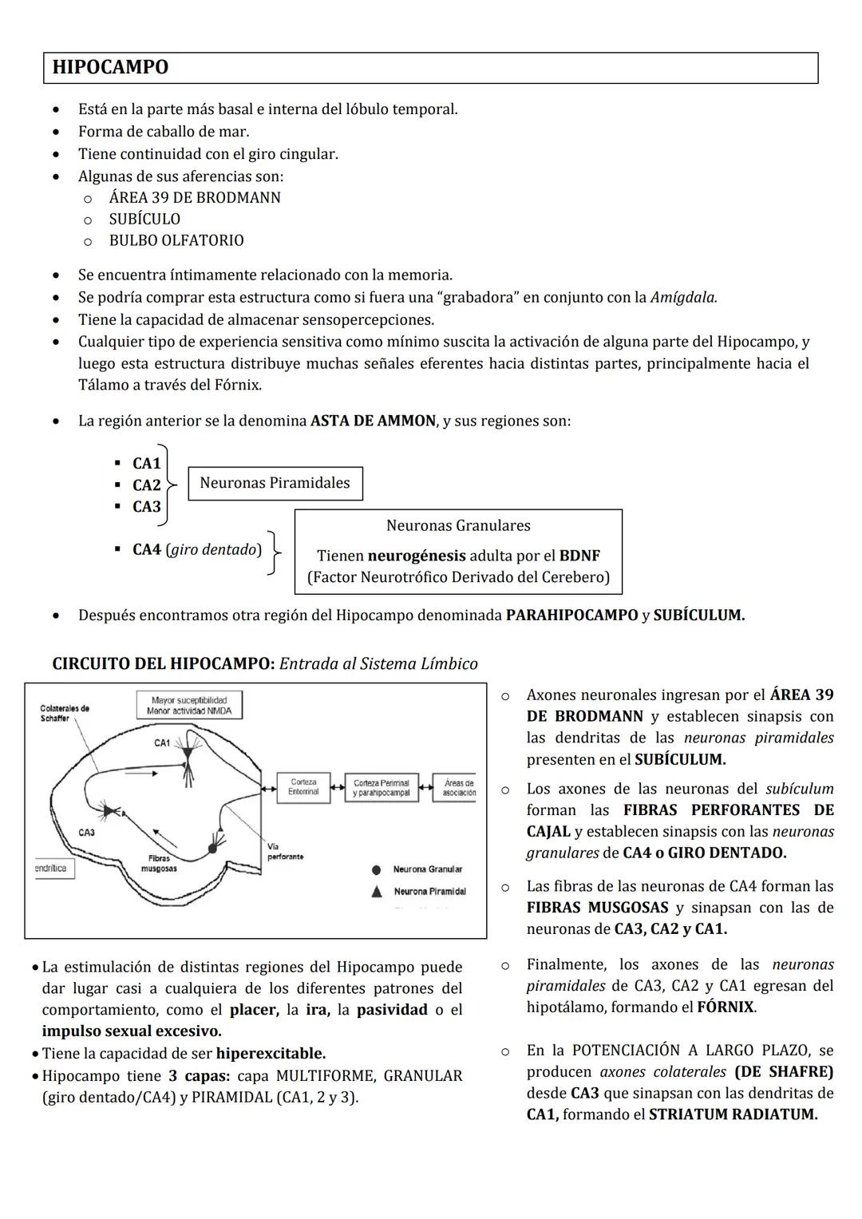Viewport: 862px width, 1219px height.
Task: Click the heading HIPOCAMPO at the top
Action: pyautogui.click(x=110, y=67)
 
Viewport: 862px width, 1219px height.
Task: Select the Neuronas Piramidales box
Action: pyautogui.click(x=275, y=483)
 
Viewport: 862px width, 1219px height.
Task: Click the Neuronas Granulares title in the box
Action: pyautogui.click(x=457, y=525)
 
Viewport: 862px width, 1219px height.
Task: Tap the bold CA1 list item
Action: pyautogui.click(x=146, y=463)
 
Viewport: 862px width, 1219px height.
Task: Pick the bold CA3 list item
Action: pyautogui.click(x=146, y=506)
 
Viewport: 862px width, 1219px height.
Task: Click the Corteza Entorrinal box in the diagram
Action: pyautogui.click(x=303, y=787)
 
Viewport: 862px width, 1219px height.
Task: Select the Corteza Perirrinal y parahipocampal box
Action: pyautogui.click(x=381, y=787)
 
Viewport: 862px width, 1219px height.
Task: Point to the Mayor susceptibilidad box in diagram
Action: pyautogui.click(x=188, y=705)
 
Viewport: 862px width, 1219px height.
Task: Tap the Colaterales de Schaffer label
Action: pyautogui.click(x=65, y=713)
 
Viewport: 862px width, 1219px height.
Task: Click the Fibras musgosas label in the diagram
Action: pyautogui.click(x=158, y=863)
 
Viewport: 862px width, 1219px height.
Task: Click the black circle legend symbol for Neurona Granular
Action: pyautogui.click(x=376, y=869)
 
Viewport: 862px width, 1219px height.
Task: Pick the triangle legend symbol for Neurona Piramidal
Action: pyautogui.click(x=376, y=891)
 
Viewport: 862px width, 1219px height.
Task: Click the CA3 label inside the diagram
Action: pyautogui.click(x=86, y=833)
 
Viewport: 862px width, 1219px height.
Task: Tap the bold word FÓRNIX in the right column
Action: pyautogui.click(x=725, y=1007)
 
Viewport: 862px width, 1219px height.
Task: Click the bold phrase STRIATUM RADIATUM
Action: pyautogui.click(x=733, y=1114)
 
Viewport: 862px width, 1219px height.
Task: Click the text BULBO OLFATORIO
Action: pyautogui.click(x=176, y=240)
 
